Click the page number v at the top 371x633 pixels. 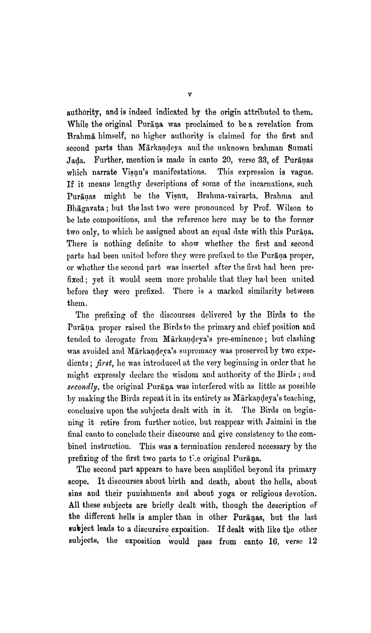[x=190, y=95]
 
